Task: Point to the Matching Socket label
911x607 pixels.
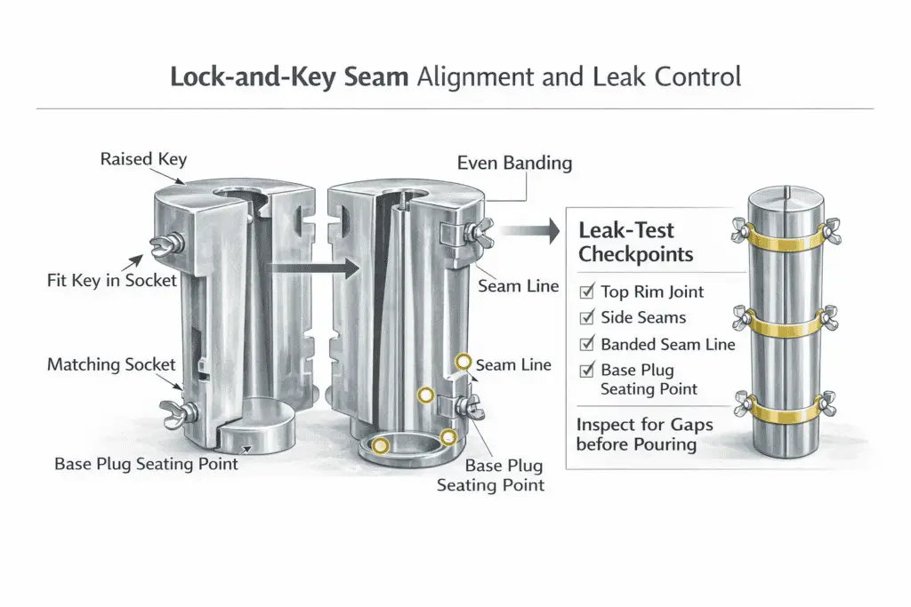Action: coord(111,364)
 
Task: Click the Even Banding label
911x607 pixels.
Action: coord(514,163)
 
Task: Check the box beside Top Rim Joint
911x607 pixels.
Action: coord(585,291)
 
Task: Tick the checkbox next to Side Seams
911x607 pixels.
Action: coord(585,317)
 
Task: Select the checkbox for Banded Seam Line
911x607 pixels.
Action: coord(585,344)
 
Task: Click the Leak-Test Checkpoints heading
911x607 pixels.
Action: coord(635,242)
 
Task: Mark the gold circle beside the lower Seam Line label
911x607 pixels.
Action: coord(463,362)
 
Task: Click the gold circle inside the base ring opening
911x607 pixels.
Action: coord(381,446)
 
